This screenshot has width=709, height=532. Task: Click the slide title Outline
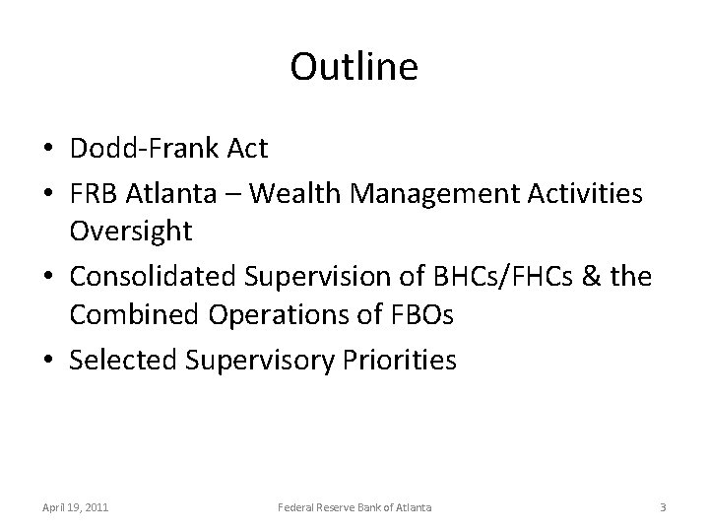click(354, 67)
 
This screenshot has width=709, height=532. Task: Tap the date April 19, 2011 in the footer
click(76, 506)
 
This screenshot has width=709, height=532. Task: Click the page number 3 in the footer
click(663, 506)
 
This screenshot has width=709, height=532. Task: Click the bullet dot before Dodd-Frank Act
click(48, 150)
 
